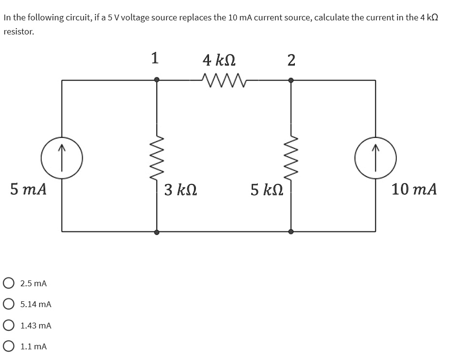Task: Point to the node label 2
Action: point(290,60)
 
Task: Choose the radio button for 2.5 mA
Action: point(8,283)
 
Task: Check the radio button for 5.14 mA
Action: point(8,304)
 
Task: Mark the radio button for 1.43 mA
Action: point(8,326)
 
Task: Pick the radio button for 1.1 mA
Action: point(8,346)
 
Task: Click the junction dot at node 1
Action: point(157,80)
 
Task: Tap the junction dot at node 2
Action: point(290,80)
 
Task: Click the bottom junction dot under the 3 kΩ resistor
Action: point(157,232)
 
